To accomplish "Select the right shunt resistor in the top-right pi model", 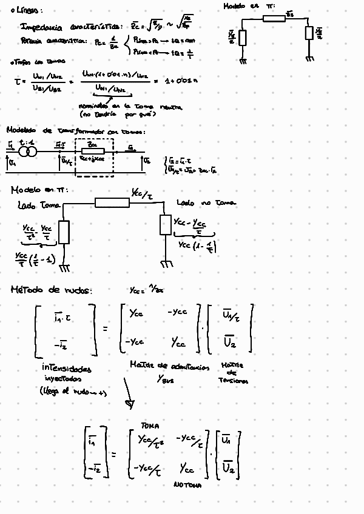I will [x=309, y=33].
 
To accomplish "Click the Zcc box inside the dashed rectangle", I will [x=93, y=151].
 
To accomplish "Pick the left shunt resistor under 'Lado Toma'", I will [x=64, y=232].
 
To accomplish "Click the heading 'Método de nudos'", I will [x=52, y=291].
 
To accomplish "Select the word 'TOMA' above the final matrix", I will [x=149, y=427].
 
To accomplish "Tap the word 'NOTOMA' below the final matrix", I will [x=187, y=486].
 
